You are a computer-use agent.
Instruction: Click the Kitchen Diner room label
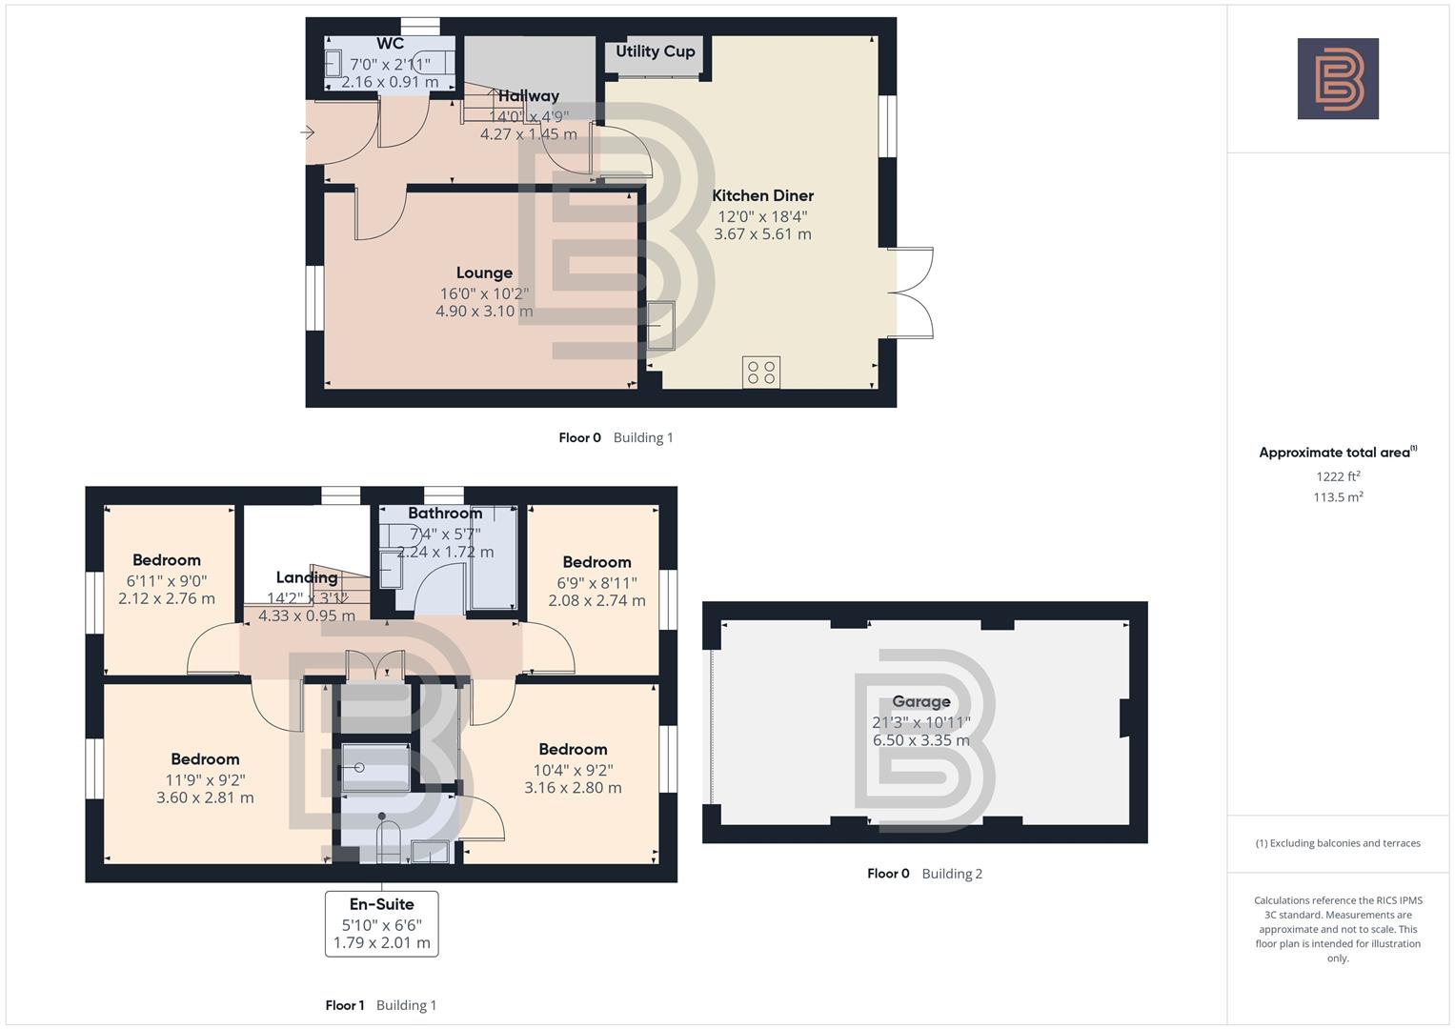coord(762,195)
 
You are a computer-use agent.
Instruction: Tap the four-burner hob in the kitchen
coord(761,373)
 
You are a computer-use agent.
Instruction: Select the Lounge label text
coord(484,273)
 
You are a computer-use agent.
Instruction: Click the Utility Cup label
coord(655,51)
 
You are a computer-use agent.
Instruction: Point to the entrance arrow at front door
coord(308,132)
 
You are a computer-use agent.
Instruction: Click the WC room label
coord(390,44)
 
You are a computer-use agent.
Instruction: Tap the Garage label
coord(920,702)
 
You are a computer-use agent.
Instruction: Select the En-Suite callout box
coord(381,923)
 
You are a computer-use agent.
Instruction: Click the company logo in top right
coord(1338,79)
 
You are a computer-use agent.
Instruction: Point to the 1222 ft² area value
coord(1338,476)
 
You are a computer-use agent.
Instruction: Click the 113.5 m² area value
coord(1338,497)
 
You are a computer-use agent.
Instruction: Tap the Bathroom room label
coord(445,514)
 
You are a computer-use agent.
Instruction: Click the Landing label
coord(306,577)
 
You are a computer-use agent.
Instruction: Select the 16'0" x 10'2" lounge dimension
coord(484,293)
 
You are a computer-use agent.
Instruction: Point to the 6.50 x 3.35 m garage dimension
coord(920,740)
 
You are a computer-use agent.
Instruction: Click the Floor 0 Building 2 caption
coord(924,874)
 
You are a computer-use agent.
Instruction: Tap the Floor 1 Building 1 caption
coord(380,1005)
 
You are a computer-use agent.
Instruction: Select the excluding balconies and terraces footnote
coord(1338,843)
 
